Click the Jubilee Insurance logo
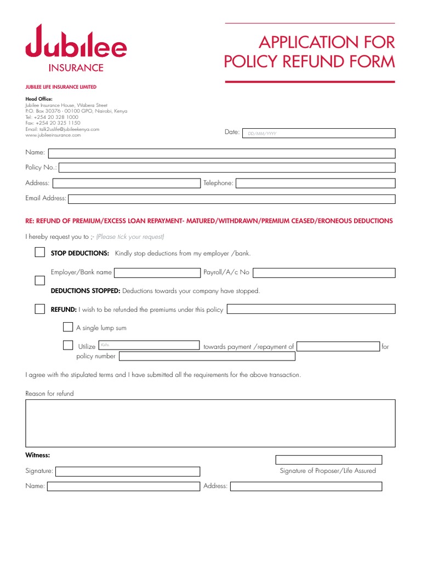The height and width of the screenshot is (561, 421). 76,48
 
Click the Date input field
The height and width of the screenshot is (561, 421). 319,133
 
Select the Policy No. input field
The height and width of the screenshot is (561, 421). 227,168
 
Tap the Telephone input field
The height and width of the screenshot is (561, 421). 315,183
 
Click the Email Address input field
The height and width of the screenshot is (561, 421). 231,198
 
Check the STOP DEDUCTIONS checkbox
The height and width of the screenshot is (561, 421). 39,253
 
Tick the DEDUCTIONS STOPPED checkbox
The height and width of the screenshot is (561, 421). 39,280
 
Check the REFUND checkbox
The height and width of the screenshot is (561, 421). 39,309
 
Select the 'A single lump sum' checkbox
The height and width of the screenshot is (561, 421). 67,328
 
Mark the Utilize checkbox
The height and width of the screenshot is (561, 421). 67,346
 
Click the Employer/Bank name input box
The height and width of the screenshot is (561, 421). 157,272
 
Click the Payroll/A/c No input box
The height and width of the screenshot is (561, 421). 324,272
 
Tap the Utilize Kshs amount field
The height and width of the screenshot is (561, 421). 149,346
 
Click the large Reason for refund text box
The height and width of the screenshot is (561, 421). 210,423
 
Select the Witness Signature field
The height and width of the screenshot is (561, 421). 128,471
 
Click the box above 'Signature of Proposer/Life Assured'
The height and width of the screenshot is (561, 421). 328,460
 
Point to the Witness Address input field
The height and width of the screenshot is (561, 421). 306,486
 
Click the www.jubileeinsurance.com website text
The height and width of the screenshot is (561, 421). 53,135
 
